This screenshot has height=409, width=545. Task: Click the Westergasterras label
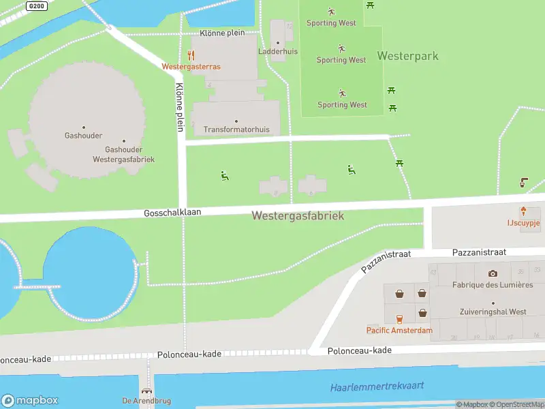pos(191,67)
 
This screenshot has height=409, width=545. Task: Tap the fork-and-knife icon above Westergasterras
pos(191,55)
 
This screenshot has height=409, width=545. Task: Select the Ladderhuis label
pos(277,51)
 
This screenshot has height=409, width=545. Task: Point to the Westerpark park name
pos(407,56)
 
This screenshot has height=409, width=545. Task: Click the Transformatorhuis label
pos(236,130)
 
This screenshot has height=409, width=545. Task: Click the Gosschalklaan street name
pos(172,213)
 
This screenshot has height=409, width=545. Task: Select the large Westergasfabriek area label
pos(298,215)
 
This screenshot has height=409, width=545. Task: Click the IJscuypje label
pos(523,222)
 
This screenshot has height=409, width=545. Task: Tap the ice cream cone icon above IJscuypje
pos(523,211)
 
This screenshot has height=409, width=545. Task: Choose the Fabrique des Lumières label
pos(493,284)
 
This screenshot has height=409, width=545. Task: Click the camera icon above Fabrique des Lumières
pos(493,273)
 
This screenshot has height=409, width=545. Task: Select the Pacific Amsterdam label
pos(399,331)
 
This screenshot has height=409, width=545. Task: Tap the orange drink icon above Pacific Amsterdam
pos(399,318)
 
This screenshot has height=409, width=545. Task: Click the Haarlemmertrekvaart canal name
pos(377,387)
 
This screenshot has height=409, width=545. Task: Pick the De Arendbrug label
pos(136,400)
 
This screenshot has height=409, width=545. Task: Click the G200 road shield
pos(36,5)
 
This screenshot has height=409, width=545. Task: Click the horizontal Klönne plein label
pos(221,33)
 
